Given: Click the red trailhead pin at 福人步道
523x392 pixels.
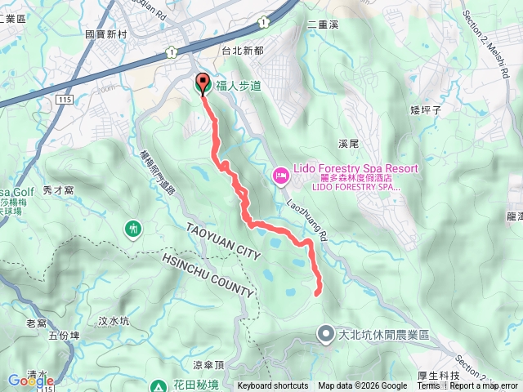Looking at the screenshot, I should [203, 83].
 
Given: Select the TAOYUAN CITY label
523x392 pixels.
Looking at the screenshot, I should [223, 243].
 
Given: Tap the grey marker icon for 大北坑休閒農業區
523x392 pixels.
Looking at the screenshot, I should [325, 333].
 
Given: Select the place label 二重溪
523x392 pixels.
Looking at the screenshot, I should [322, 24].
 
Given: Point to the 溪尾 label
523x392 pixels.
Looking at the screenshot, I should [347, 143].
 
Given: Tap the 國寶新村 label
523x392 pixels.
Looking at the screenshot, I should [106, 35].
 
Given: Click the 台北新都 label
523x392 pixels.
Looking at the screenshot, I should [243, 51].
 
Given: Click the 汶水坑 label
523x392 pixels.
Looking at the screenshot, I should [114, 321].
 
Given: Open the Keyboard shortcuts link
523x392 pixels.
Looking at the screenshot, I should [273, 386].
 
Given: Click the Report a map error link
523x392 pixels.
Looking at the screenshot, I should [484, 386].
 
